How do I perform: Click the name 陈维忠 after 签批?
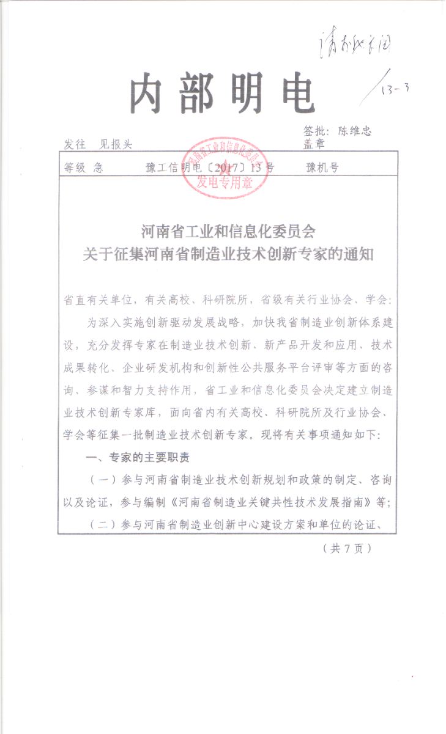click(x=354, y=130)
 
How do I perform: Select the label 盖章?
click(x=313, y=144)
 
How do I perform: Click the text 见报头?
click(x=116, y=144)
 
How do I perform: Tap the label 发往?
click(x=74, y=144)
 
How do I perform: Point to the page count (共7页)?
click(x=347, y=548)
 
